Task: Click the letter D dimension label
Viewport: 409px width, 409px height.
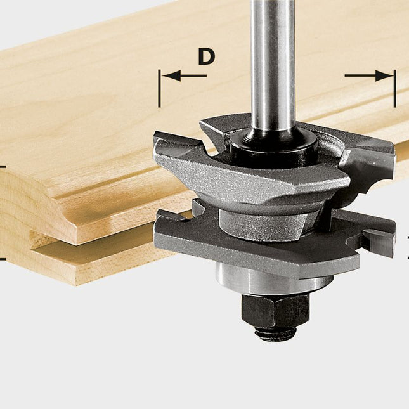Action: coord(206,56)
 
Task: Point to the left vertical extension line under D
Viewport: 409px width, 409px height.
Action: coord(159,92)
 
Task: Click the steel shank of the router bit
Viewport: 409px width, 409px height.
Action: coord(273,63)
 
